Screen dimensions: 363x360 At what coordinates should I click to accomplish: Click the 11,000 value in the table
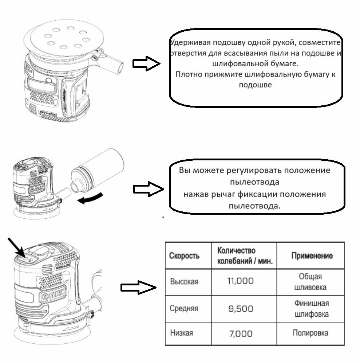[x=240, y=281]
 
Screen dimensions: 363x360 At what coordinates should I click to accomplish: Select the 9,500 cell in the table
[x=240, y=309]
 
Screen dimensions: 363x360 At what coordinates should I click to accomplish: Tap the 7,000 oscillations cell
[x=240, y=333]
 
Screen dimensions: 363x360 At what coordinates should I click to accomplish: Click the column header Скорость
[x=184, y=255]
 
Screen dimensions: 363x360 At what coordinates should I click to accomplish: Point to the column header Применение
[x=312, y=255]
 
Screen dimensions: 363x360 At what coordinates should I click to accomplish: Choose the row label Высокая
[x=184, y=282]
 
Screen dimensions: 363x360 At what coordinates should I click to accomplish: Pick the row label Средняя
[x=184, y=308]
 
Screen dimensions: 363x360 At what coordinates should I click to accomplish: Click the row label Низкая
[x=182, y=333]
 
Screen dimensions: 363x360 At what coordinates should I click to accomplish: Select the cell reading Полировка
[x=310, y=333]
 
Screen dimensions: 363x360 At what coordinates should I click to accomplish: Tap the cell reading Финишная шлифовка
[x=311, y=308]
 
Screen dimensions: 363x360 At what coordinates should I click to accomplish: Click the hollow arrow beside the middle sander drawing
[x=148, y=189]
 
